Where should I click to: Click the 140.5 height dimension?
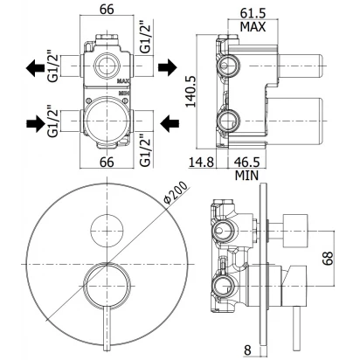[x=190, y=92]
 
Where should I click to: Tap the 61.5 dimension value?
[x=253, y=13]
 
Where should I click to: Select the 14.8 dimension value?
[x=202, y=162]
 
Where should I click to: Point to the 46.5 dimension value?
[x=247, y=162]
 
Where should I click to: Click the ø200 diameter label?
[x=176, y=192]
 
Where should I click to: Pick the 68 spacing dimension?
[x=328, y=258]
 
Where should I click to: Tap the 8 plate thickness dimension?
[x=247, y=350]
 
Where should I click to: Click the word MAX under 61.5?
[x=253, y=27]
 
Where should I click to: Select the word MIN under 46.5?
[x=246, y=176]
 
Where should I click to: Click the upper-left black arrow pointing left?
[x=35, y=68]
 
